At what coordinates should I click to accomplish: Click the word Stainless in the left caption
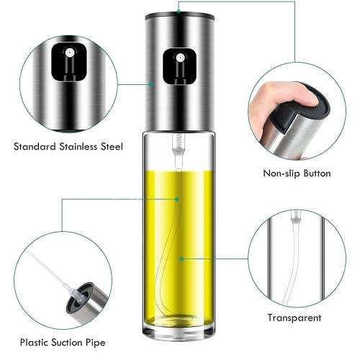[78, 146]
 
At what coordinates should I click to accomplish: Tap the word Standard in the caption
[35, 146]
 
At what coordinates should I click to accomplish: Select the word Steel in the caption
[112, 146]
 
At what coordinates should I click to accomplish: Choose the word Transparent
[294, 318]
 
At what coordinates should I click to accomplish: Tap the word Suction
[67, 342]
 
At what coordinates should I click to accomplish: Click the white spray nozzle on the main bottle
[180, 58]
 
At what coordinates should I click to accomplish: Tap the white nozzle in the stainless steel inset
[69, 52]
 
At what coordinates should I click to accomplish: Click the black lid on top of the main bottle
[180, 16]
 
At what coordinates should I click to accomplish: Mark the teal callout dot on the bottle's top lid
[179, 11]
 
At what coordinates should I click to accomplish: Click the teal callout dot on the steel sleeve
[150, 84]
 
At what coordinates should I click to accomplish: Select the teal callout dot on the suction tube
[177, 199]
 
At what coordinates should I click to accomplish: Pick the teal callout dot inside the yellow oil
[181, 259]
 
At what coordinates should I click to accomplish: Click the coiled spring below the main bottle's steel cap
[178, 141]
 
